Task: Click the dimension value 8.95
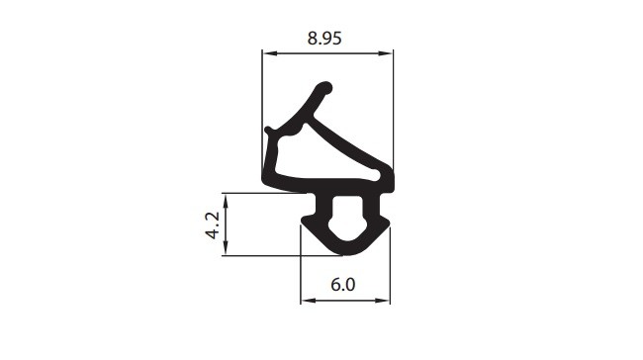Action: [x=326, y=39]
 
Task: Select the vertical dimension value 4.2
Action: [x=212, y=225]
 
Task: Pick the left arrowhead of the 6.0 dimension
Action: [x=306, y=299]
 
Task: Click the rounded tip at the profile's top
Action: [x=321, y=88]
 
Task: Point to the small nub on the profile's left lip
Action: [x=269, y=129]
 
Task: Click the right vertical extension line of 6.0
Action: [x=390, y=267]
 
